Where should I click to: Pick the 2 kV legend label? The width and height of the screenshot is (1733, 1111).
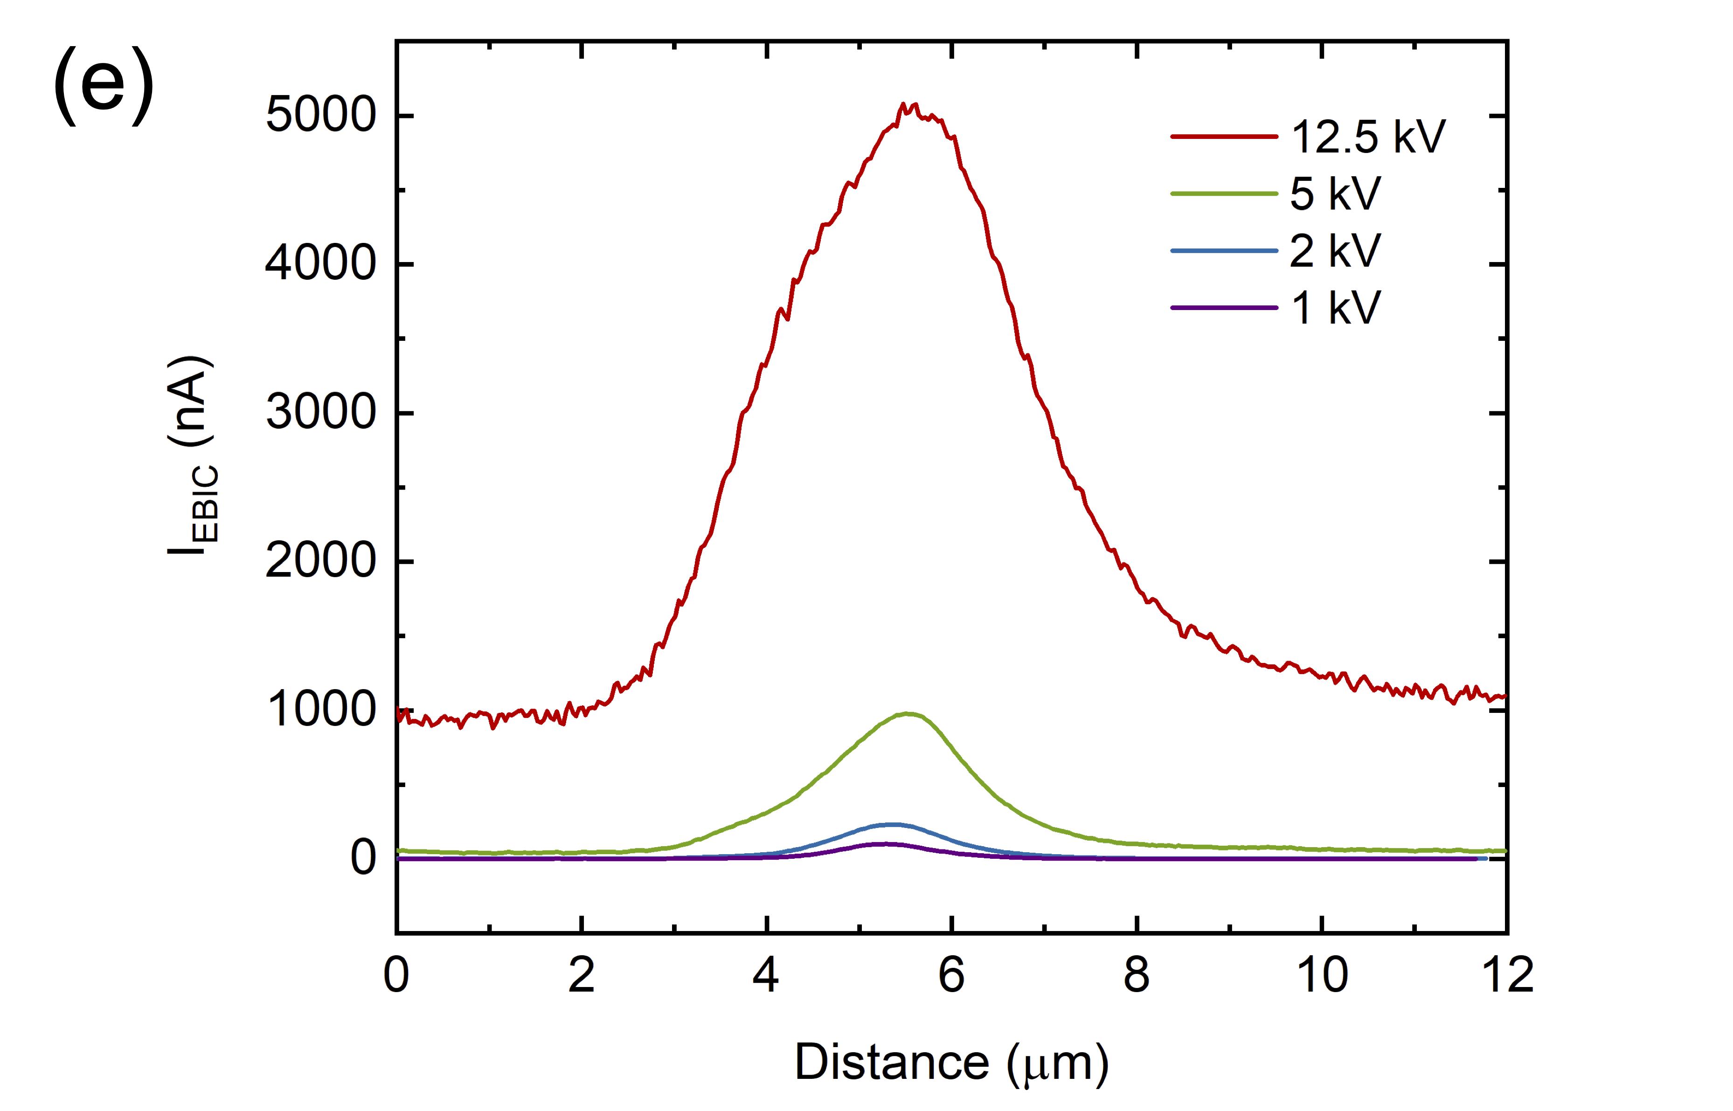click(x=1335, y=250)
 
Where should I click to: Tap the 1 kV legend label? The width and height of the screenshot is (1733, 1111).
click(x=1335, y=308)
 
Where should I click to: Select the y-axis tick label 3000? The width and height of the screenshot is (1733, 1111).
click(x=321, y=413)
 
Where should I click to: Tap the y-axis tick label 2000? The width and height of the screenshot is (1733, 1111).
click(x=321, y=561)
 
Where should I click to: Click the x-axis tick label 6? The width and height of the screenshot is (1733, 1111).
click(x=952, y=975)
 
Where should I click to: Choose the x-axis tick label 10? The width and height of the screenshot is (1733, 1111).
click(x=1322, y=975)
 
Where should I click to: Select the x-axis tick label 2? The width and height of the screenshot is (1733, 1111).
click(x=582, y=975)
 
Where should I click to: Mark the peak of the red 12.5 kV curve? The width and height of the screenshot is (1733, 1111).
click(x=910, y=106)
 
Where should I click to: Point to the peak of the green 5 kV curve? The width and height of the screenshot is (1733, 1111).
click(x=907, y=714)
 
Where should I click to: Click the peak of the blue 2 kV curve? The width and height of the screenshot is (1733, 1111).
click(x=893, y=825)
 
